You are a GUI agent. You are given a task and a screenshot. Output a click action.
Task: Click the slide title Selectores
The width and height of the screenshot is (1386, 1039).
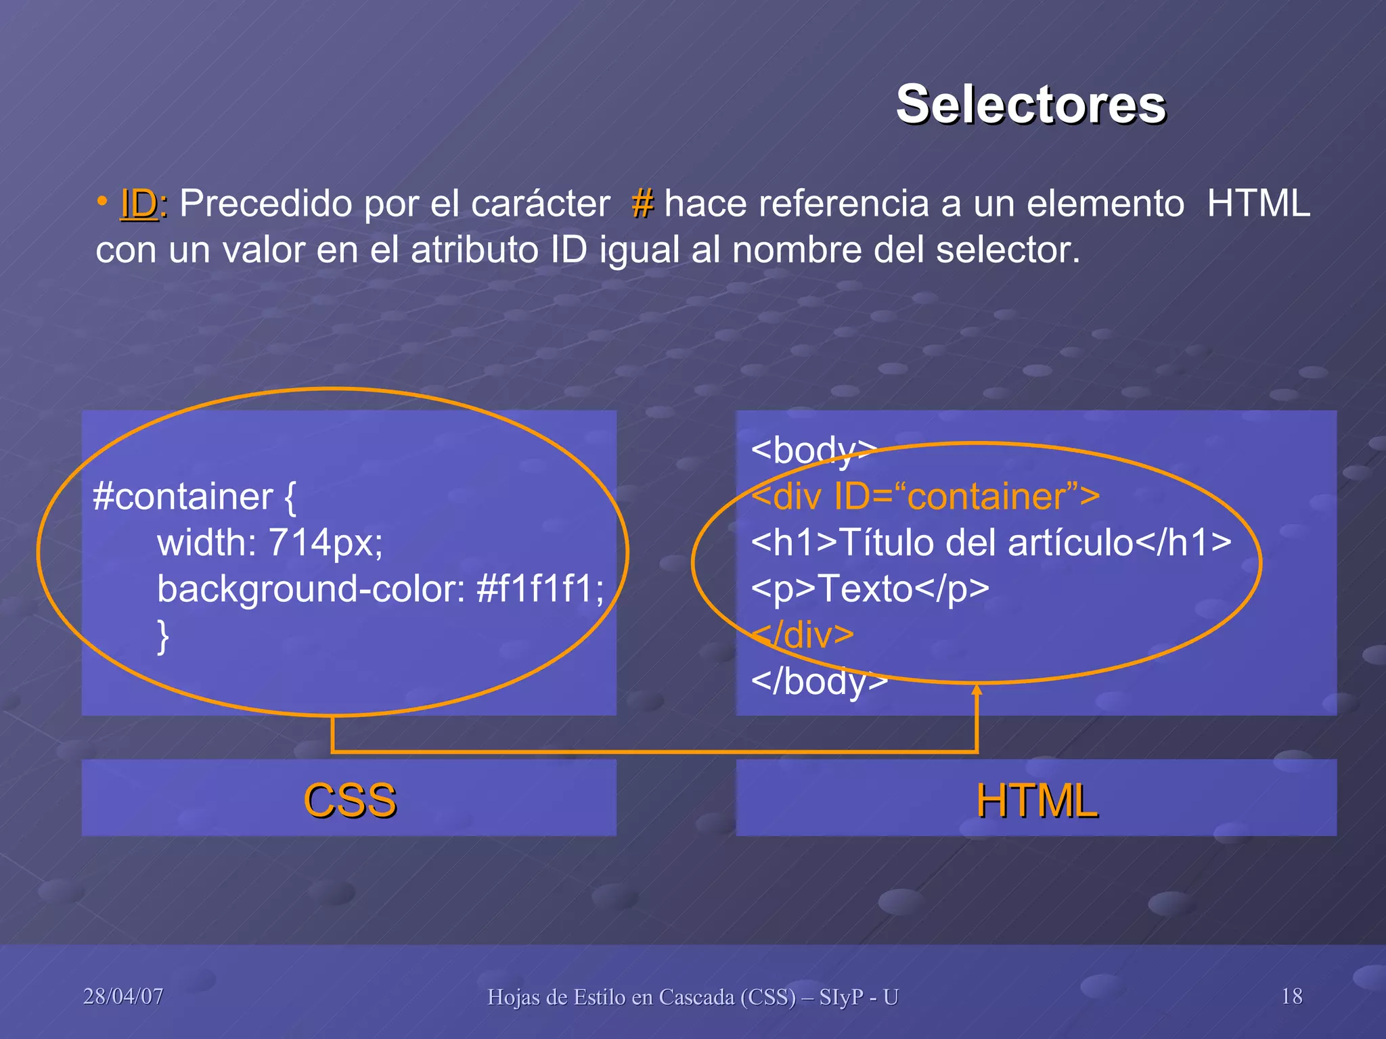tap(1030, 105)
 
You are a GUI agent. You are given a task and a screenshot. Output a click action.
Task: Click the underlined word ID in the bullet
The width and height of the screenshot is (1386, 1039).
tap(139, 204)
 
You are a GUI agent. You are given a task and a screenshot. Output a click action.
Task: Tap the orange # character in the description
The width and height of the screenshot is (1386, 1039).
tap(642, 204)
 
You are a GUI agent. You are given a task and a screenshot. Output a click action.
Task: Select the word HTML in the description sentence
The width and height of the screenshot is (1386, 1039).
tap(1258, 204)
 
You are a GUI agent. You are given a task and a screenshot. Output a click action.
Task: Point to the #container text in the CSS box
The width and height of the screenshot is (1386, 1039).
tap(183, 497)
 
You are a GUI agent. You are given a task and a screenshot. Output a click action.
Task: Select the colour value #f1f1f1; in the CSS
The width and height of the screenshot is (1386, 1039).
tap(540, 588)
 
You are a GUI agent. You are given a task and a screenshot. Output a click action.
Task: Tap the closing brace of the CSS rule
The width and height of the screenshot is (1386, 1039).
tap(163, 636)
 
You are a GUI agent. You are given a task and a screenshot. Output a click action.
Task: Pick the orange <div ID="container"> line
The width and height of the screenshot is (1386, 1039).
tap(925, 497)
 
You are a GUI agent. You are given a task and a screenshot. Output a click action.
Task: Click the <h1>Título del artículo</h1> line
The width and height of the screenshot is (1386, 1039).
tap(991, 542)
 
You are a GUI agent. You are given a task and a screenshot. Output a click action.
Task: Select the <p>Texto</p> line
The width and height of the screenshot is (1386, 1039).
tap(870, 588)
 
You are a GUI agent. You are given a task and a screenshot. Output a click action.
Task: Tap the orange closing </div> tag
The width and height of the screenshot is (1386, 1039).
tap(803, 634)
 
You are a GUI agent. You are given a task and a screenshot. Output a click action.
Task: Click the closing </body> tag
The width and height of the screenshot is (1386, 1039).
tap(819, 681)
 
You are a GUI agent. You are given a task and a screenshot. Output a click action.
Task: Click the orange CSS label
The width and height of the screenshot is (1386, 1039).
tap(349, 800)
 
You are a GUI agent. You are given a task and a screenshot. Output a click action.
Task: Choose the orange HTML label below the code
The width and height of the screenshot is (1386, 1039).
tap(1036, 800)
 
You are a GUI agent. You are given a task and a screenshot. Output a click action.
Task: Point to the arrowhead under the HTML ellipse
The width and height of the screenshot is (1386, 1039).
tap(977, 690)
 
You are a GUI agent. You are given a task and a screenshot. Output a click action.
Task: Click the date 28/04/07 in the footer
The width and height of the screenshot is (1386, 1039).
tap(123, 996)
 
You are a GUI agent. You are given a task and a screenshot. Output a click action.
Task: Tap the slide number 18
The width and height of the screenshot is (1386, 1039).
tap(1291, 996)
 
